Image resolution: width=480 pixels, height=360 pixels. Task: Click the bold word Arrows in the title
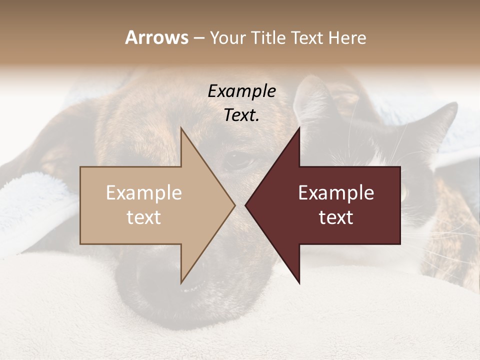[x=156, y=37]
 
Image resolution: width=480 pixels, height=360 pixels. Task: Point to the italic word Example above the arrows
[x=242, y=91]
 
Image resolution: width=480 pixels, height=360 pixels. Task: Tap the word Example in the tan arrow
[x=144, y=193]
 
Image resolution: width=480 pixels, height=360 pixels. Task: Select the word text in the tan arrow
[x=144, y=217]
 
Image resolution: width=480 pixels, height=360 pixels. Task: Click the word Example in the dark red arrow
[x=336, y=193]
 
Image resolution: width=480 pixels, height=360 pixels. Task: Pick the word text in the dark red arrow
[x=336, y=217]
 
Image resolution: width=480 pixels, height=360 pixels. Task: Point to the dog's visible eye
[x=239, y=161]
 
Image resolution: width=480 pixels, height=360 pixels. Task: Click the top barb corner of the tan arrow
[x=181, y=128]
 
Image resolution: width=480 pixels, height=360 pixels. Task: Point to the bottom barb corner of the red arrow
[x=299, y=283]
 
